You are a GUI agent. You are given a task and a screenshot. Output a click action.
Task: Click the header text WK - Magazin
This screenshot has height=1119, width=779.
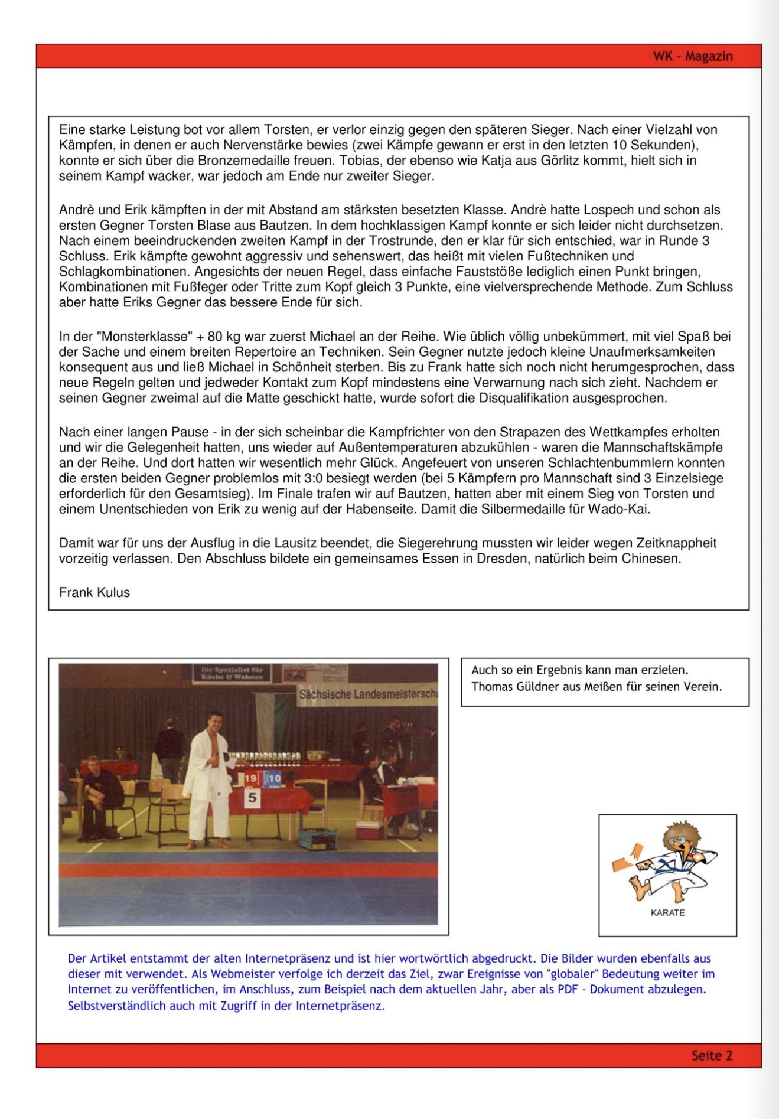[693, 57]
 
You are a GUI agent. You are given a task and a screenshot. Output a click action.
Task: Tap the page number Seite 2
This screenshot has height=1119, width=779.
[712, 1055]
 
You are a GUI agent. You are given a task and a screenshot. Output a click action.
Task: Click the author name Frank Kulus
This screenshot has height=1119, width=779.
[94, 592]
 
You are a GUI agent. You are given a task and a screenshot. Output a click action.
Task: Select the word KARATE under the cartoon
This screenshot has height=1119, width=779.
[667, 912]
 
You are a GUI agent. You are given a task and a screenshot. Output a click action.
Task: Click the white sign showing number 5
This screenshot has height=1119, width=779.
[253, 798]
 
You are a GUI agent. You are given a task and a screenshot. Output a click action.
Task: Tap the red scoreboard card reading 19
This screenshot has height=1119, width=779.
[251, 779]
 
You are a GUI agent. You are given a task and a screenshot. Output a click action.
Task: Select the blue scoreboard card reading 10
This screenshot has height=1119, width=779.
[273, 779]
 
